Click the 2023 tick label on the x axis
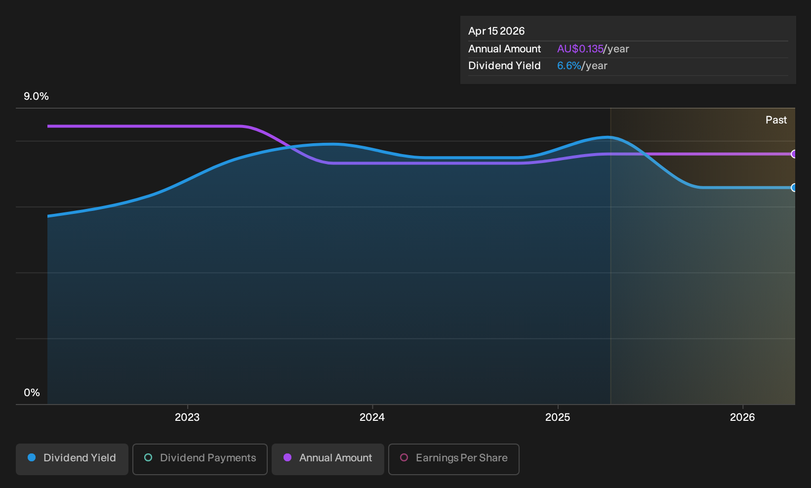point(187,417)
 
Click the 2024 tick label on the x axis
point(372,417)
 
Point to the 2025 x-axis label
point(558,417)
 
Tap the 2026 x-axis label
point(742,417)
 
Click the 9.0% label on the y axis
point(36,96)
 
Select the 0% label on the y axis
point(32,393)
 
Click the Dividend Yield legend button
point(72,459)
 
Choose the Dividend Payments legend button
point(200,459)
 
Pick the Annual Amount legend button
point(327,459)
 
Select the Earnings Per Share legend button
point(453,459)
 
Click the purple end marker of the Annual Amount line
point(794,154)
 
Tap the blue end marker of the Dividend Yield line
point(794,188)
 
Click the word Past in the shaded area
point(776,120)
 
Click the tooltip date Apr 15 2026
point(496,31)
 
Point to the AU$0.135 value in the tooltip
point(580,49)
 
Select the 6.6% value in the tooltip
point(569,66)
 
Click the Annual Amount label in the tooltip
point(504,49)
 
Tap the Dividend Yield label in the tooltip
point(504,66)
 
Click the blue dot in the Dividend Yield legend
point(32,457)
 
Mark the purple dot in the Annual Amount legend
point(287,457)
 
